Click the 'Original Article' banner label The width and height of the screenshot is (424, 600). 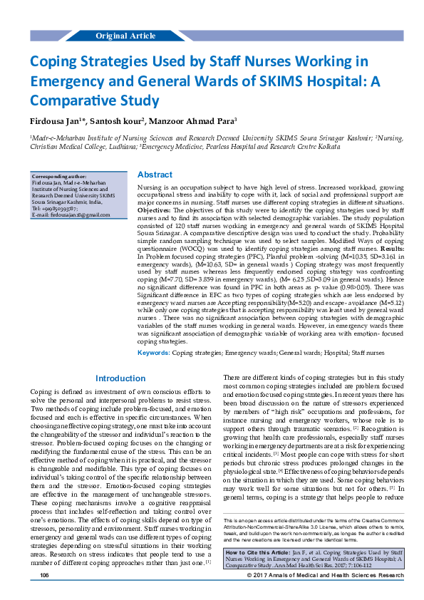pyautogui.click(x=125, y=36)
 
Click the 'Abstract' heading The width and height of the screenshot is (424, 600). pyautogui.click(x=155, y=175)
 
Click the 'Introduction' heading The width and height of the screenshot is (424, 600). pyautogui.click(x=120, y=378)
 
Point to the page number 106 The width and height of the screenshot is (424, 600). pyautogui.click(x=44, y=594)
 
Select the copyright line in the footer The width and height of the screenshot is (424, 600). pyautogui.click(x=327, y=594)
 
